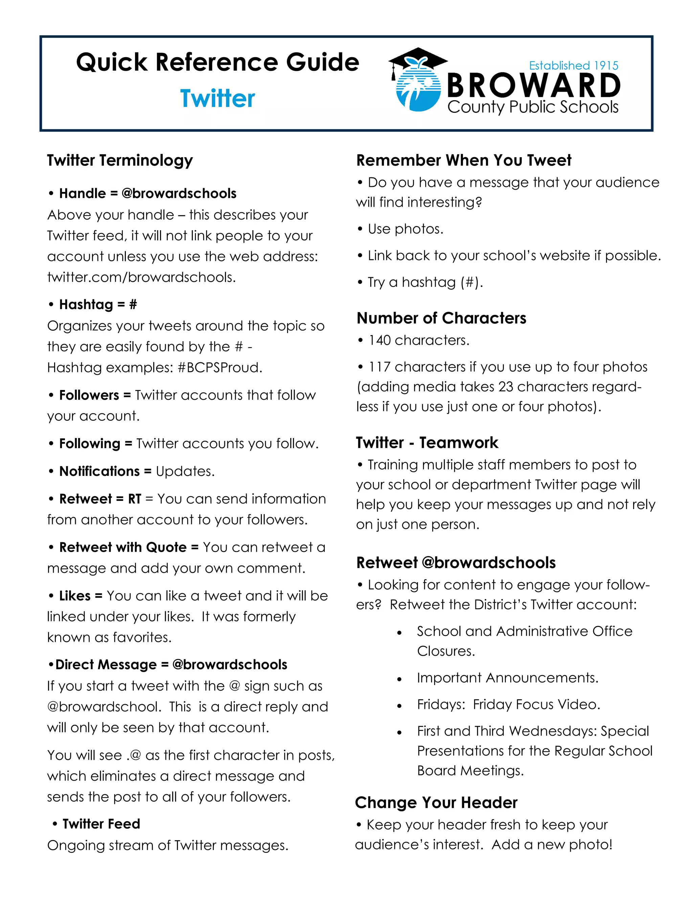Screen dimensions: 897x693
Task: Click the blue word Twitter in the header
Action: (x=217, y=99)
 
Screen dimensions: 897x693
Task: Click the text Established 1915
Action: (x=573, y=65)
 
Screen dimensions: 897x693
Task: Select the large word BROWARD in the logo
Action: (x=533, y=85)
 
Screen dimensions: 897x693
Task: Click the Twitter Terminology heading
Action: (x=119, y=160)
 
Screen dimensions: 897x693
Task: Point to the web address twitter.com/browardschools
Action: (x=141, y=277)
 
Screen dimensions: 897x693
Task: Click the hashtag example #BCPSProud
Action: (x=220, y=367)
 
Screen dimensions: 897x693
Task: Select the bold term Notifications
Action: (x=100, y=471)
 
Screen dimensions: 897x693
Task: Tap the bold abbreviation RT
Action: (x=135, y=499)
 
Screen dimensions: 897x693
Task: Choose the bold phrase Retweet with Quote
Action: (x=123, y=547)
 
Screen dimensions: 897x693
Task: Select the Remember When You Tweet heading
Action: (x=464, y=160)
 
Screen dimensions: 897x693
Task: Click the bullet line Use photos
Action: (x=405, y=229)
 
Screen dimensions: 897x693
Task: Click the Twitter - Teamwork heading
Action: (x=427, y=442)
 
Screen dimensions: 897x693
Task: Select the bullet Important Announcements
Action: (x=508, y=678)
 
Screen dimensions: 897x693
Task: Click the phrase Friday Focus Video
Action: (x=536, y=704)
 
